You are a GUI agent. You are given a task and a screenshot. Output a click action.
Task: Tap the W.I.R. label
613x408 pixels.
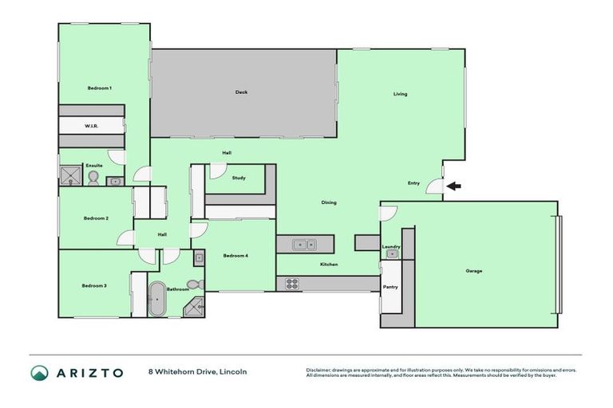click(x=91, y=127)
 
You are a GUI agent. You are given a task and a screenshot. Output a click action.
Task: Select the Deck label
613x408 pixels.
click(x=241, y=92)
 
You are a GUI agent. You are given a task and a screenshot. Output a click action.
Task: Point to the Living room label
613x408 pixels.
click(x=400, y=94)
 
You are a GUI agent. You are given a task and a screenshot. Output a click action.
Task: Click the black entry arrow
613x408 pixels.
click(x=453, y=186)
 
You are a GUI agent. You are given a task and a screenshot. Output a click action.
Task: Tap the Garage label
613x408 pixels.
click(x=474, y=271)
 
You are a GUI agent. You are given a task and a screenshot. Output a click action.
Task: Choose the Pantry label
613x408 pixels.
click(x=390, y=287)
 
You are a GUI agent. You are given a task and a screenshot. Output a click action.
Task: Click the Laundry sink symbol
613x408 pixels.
click(x=391, y=254)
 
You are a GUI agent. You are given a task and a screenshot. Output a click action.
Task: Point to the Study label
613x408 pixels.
click(x=238, y=178)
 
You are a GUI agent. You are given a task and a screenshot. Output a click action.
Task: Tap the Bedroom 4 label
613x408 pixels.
click(x=235, y=256)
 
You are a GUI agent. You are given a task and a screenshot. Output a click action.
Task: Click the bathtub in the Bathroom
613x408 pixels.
click(x=157, y=300)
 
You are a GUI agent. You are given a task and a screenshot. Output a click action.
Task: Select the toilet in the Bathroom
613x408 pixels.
click(x=192, y=284)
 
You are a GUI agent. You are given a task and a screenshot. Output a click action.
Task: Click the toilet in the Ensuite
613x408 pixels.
click(x=93, y=177)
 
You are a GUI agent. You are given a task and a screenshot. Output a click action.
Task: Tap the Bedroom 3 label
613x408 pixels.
click(x=94, y=285)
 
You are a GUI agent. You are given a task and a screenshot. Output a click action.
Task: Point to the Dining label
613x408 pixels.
click(x=329, y=202)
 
